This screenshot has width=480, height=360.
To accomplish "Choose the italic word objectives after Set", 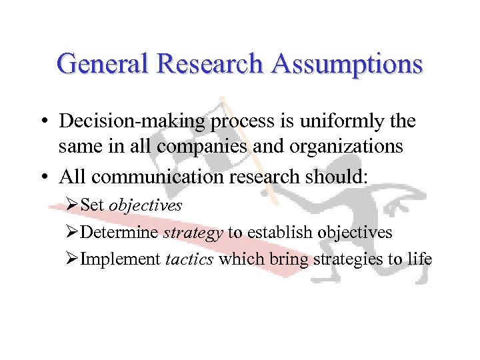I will [145, 205].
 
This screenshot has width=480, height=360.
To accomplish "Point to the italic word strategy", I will [192, 232].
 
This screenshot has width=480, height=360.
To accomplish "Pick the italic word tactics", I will [189, 259].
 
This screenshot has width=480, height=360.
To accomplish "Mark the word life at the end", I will [419, 259].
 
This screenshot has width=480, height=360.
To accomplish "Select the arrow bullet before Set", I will [73, 205].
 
